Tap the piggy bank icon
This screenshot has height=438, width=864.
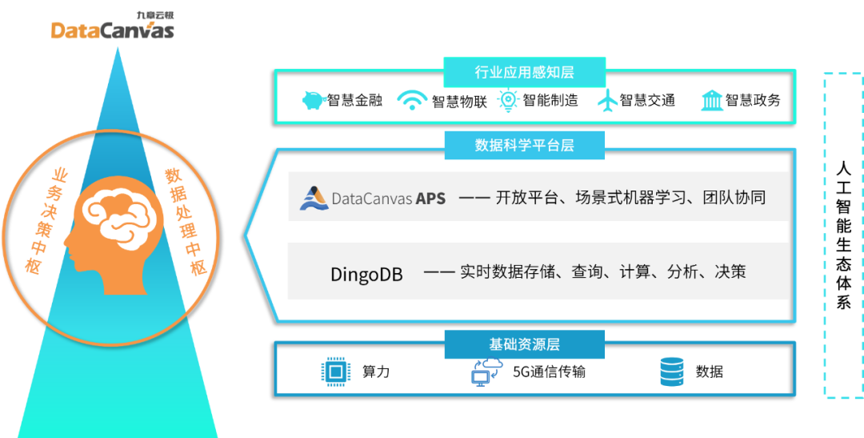[x=314, y=100]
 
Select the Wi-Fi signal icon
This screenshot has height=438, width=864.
[x=413, y=99]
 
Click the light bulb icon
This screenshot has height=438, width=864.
[x=509, y=99]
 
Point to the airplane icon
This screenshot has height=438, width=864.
[x=608, y=100]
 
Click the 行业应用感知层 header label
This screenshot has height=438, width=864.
[x=524, y=72]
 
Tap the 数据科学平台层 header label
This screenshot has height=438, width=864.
[x=524, y=145]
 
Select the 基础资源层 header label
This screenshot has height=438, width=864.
[x=524, y=344]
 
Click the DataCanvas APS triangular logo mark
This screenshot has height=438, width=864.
[x=314, y=198]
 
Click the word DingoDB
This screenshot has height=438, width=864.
[x=366, y=274]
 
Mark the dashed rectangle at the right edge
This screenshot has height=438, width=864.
[x=844, y=235]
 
